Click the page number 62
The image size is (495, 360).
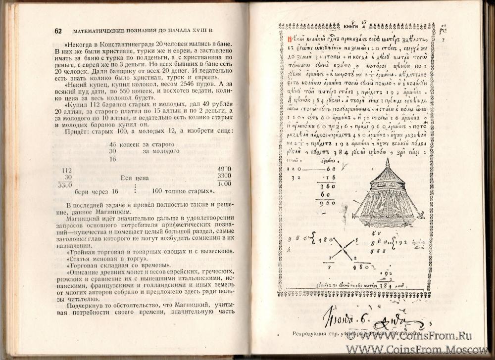click(58, 31)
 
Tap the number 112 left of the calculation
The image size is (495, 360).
click(66, 170)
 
